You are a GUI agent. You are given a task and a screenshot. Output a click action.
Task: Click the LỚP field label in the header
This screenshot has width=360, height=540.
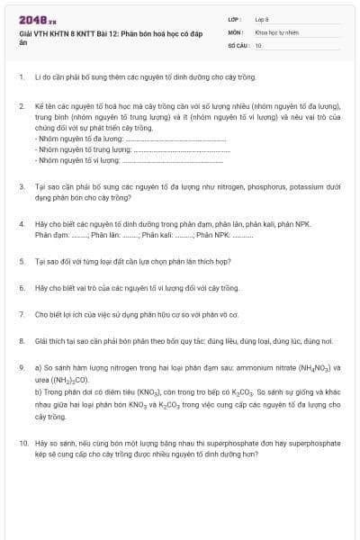(x=233, y=19)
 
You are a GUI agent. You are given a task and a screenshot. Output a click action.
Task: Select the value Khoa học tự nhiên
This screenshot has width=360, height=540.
(x=274, y=31)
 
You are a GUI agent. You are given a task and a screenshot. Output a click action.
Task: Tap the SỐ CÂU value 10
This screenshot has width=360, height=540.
(x=258, y=44)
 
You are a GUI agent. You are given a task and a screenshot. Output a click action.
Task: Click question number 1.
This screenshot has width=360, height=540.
(x=22, y=77)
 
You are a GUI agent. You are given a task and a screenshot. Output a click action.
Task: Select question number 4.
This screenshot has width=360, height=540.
(x=22, y=222)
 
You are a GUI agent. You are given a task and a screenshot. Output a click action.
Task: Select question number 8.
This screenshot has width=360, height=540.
(x=22, y=341)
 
